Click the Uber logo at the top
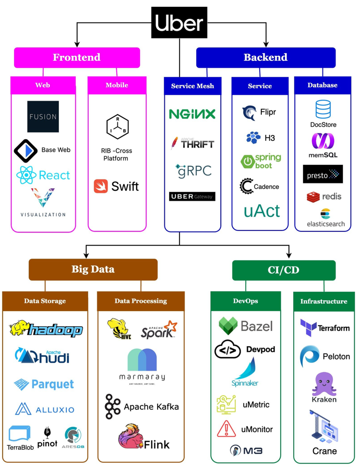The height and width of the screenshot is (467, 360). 179,23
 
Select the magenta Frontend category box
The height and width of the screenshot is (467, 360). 77,57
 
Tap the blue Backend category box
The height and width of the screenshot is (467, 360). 266,57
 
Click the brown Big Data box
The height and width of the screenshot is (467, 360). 93,269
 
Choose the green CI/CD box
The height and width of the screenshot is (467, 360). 283,270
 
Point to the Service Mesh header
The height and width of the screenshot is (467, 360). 193,86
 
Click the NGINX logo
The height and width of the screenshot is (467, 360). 193,114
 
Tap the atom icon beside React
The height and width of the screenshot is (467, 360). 27,176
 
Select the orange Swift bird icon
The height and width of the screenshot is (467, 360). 101,186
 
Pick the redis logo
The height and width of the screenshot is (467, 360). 313,197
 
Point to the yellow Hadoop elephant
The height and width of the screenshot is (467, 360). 18,329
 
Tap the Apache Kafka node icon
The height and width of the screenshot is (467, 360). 112,407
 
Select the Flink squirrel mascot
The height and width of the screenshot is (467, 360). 129,437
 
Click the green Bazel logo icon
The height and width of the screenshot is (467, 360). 228,326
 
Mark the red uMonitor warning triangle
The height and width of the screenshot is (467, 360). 226,429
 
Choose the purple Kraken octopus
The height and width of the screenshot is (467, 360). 324,385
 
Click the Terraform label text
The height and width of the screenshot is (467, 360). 334,328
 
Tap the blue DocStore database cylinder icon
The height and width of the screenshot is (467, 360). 323,109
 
